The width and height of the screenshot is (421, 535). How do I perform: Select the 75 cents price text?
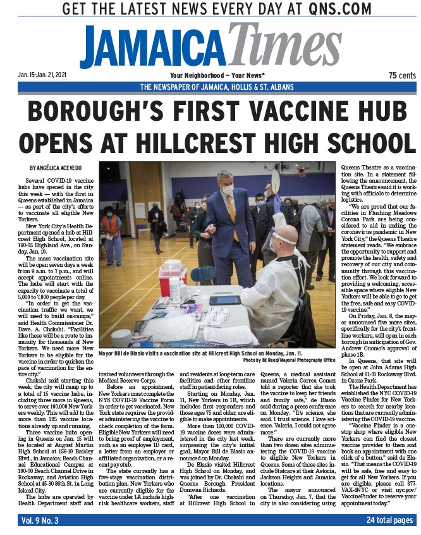tap(401, 75)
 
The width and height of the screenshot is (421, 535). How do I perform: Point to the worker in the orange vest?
tap(112, 228)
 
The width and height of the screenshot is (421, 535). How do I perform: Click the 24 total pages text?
tap(389, 520)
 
